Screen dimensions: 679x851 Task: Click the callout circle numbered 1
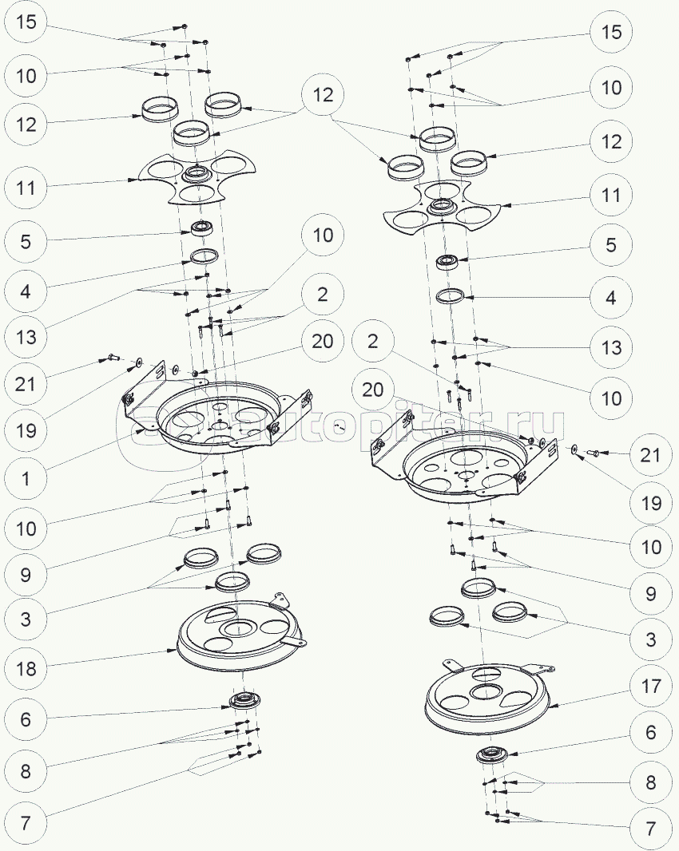[26, 478]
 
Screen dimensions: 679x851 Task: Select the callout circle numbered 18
[26, 668]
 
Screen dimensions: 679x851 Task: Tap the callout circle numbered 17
[651, 686]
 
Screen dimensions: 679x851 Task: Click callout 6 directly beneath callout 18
[26, 719]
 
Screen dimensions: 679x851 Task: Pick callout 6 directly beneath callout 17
[651, 732]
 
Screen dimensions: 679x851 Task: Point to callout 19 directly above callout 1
[26, 430]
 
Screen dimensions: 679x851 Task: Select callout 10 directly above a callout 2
[323, 235]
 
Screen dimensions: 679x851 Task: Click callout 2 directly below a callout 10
[323, 294]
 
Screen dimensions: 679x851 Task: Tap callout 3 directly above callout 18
[26, 619]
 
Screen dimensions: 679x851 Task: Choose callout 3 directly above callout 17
[651, 639]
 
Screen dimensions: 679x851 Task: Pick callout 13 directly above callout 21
[26, 337]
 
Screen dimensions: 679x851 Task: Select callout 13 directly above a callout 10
[611, 346]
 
